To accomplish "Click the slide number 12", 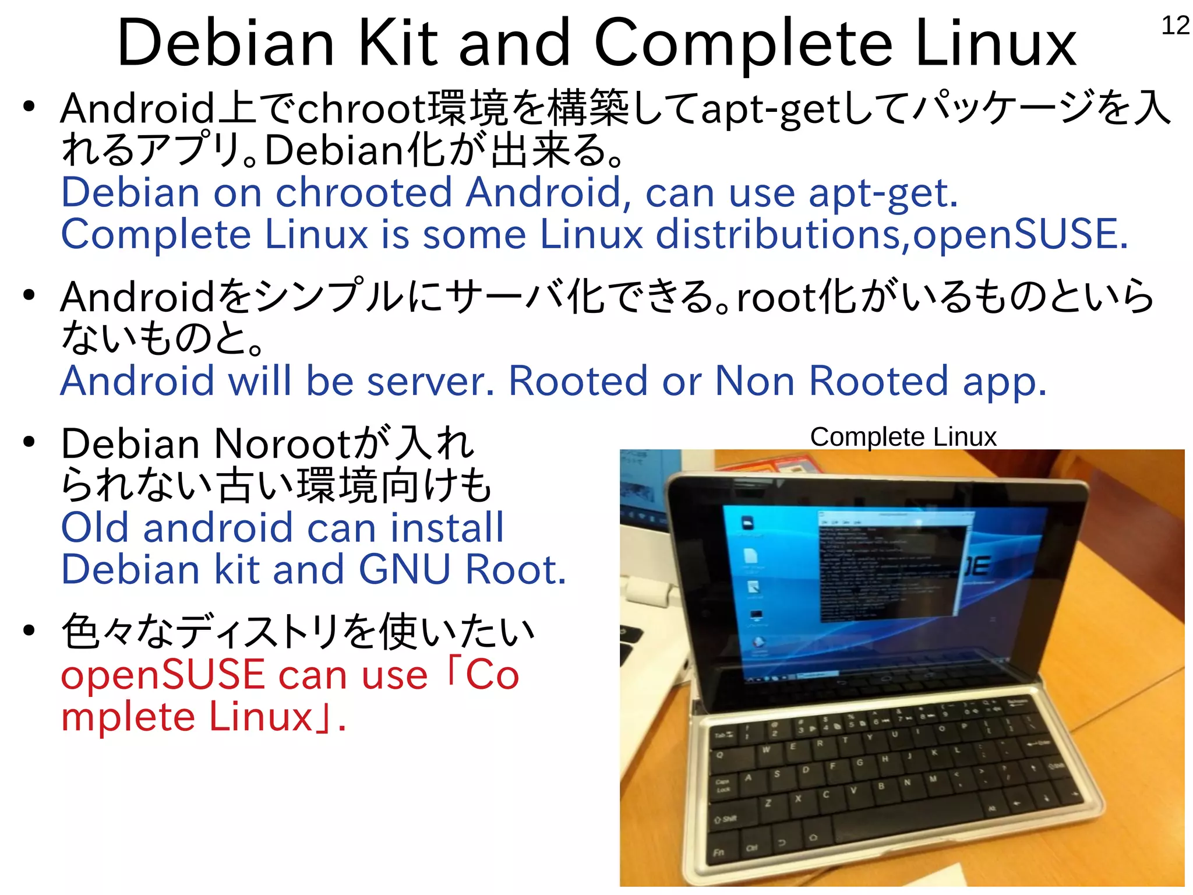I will (x=1175, y=26).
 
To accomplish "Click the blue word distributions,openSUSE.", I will (x=892, y=234).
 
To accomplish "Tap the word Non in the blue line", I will (x=755, y=382).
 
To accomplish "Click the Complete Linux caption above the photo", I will (x=903, y=437).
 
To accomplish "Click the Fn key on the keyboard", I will (x=719, y=852).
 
